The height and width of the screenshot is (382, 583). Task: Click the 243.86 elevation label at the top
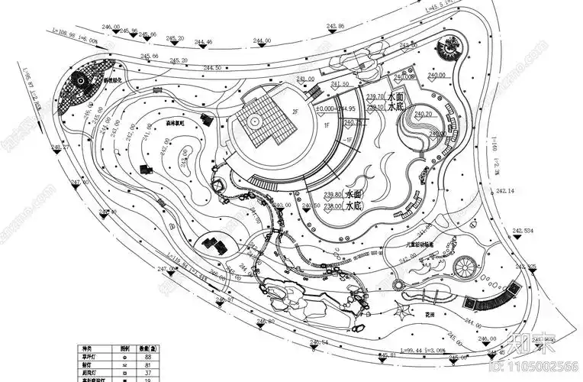coord(336,26)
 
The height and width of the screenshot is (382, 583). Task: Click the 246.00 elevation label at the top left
coord(111,27)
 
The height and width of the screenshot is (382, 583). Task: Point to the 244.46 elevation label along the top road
coord(204,42)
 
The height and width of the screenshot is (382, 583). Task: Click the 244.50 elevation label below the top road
coord(212,68)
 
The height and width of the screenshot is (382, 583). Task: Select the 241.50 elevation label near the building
coord(340,83)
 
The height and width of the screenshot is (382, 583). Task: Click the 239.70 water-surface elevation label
coord(375,97)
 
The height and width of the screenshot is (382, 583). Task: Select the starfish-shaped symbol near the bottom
coord(401,310)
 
